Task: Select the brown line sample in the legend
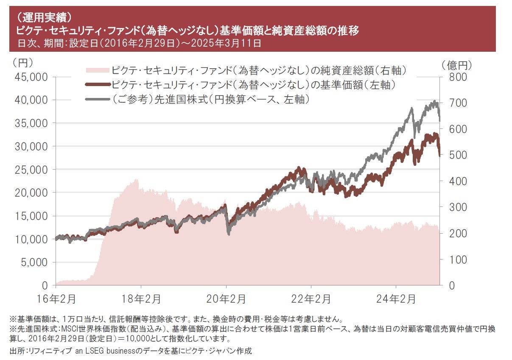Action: click(97, 84)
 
